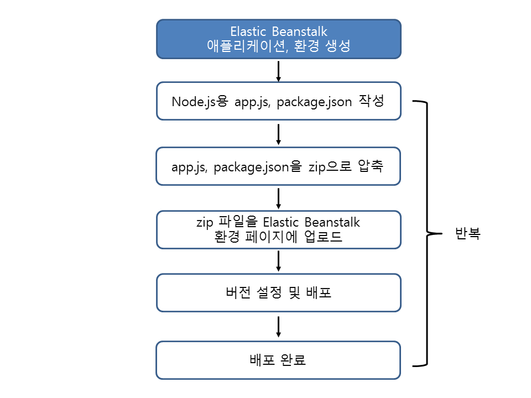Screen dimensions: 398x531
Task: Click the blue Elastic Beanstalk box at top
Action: pyautogui.click(x=278, y=39)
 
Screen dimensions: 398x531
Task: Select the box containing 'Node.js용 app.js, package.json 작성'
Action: pyautogui.click(x=278, y=101)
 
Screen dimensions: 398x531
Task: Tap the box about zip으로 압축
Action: pyautogui.click(x=278, y=166)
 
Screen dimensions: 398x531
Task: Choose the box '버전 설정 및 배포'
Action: pyautogui.click(x=278, y=292)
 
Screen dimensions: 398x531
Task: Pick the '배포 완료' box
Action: pyautogui.click(x=278, y=360)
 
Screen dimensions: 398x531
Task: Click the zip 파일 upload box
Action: pyautogui.click(x=278, y=229)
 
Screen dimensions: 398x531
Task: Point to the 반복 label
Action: pyautogui.click(x=467, y=234)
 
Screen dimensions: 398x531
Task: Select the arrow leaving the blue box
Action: pyautogui.click(x=279, y=71)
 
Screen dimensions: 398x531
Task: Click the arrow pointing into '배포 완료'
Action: pyautogui.click(x=279, y=327)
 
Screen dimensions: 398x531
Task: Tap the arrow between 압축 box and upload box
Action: pyautogui.click(x=279, y=197)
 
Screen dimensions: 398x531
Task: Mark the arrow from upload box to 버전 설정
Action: pyautogui.click(x=279, y=261)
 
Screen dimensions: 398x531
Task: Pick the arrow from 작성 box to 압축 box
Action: pyautogui.click(x=279, y=134)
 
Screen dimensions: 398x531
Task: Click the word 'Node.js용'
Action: pyautogui.click(x=199, y=102)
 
